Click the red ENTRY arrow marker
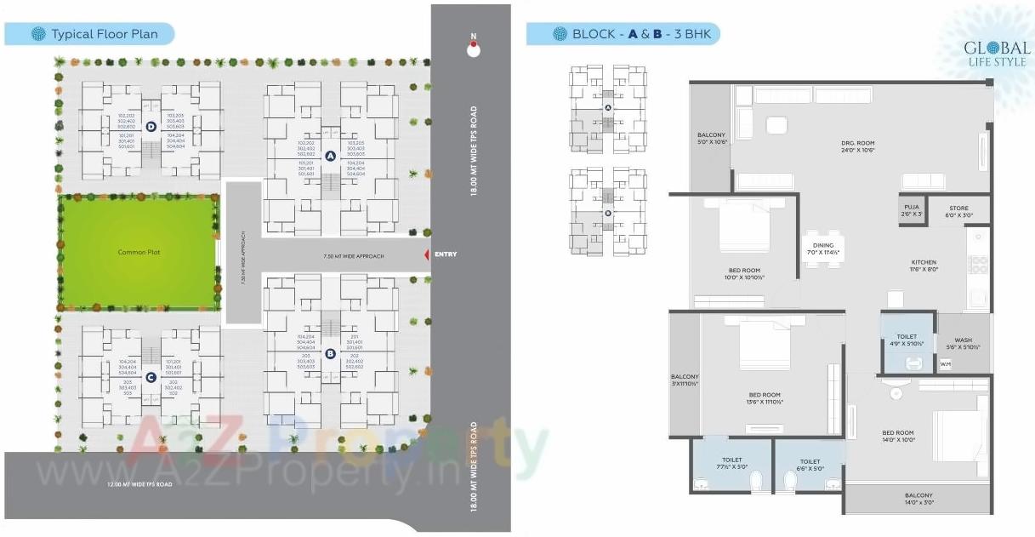(x=427, y=255)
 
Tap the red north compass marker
(x=474, y=49)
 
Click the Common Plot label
(x=139, y=252)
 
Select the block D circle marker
(x=150, y=127)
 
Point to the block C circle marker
(x=150, y=377)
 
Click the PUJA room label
(x=911, y=209)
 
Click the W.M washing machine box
(x=946, y=364)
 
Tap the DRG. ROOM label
(x=859, y=146)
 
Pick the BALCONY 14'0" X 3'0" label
(x=918, y=499)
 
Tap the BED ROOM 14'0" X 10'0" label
(x=897, y=437)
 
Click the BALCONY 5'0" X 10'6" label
(x=711, y=139)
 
